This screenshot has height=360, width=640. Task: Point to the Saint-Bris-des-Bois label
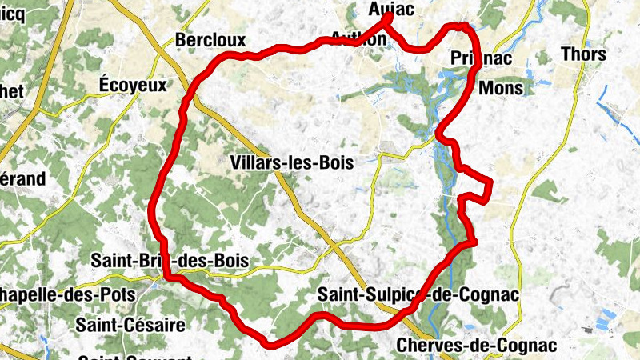170,260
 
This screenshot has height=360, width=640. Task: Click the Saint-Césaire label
130,325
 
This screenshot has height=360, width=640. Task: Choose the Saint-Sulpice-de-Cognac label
418,294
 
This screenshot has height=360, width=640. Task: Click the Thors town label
583,54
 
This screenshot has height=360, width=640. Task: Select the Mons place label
501,88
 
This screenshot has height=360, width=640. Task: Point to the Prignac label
481,58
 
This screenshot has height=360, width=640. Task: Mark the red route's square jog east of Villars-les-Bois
478,186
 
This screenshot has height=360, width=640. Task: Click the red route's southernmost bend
270,345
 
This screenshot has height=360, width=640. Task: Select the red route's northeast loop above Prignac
462,28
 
